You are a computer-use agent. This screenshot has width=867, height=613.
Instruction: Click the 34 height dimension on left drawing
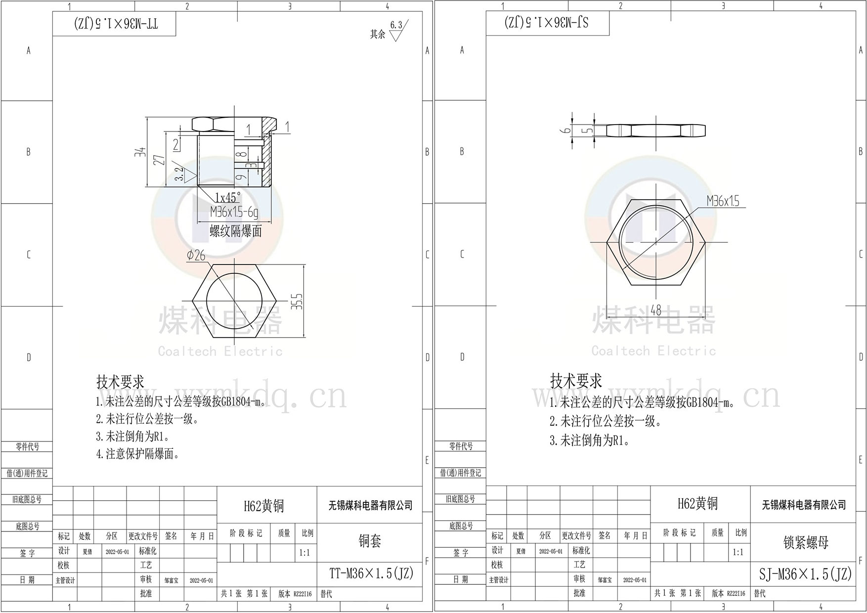[140, 152]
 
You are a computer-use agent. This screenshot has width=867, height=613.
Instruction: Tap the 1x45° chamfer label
[227, 198]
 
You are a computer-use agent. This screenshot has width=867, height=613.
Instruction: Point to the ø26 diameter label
[196, 255]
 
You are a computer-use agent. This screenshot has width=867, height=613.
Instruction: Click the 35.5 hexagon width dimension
[297, 302]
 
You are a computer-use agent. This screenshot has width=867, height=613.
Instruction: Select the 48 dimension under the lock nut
[655, 310]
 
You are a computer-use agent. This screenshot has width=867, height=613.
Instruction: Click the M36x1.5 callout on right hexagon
[723, 201]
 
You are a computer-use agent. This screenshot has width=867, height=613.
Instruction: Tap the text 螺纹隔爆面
[236, 231]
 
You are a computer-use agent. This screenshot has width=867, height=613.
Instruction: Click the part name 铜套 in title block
[370, 541]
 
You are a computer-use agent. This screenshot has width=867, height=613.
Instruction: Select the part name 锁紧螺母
[806, 542]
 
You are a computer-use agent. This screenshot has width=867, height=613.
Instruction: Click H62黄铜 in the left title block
[264, 506]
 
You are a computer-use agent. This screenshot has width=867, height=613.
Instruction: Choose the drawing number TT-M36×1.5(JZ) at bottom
[371, 573]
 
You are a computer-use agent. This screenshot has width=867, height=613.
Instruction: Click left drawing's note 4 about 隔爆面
[137, 454]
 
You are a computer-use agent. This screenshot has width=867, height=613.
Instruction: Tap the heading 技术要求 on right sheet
[576, 381]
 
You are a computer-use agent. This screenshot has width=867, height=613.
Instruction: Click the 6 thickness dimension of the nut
[567, 130]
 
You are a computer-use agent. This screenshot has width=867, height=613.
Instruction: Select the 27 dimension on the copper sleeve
[159, 160]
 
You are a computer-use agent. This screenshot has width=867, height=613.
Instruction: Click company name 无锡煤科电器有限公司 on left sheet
[370, 505]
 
